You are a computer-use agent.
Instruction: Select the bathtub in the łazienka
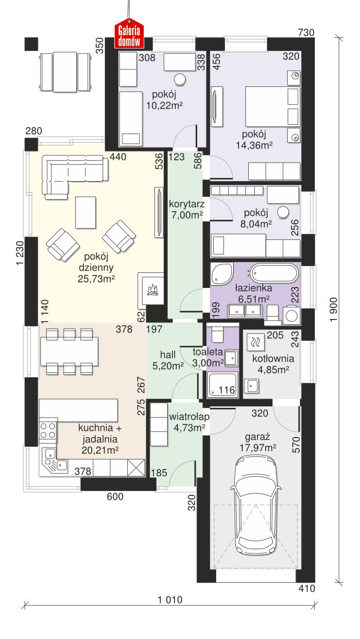[271, 273]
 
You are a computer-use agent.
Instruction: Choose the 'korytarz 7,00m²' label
[186, 208]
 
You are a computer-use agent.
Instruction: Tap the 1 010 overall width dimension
[170, 600]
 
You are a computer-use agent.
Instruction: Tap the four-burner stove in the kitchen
[48, 430]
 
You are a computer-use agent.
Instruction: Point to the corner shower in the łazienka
[222, 275]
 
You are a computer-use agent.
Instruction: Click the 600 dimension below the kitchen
[115, 496]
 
